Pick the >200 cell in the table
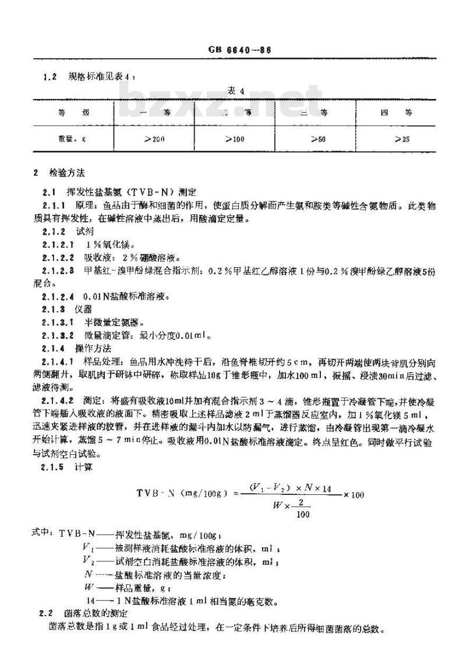tap(153, 140)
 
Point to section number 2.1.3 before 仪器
tap(54, 309)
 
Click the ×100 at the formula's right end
tap(354, 495)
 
